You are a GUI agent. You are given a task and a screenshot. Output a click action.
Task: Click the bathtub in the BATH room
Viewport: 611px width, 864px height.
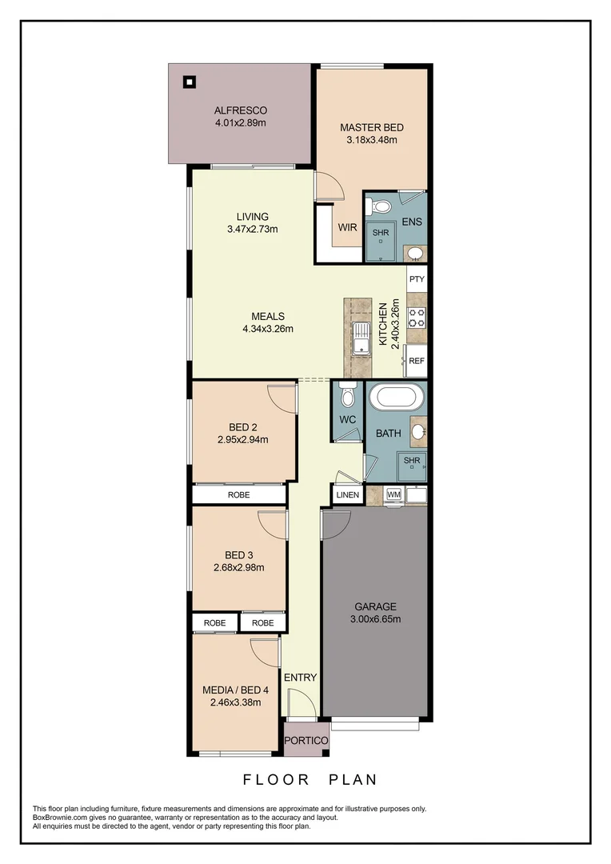396,398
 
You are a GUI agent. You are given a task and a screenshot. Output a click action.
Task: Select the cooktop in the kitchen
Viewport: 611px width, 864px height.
417,318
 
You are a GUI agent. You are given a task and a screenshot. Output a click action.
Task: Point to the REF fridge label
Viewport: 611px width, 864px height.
417,361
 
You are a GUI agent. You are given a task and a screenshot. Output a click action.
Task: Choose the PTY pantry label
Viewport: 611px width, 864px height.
417,279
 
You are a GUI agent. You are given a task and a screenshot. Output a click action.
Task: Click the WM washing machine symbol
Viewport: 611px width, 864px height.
393,494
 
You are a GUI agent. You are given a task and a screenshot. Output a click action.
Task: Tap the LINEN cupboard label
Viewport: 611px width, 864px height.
348,495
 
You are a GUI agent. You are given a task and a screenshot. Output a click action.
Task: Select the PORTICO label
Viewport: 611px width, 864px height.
306,741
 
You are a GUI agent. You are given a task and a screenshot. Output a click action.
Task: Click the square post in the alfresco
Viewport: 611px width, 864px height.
189,81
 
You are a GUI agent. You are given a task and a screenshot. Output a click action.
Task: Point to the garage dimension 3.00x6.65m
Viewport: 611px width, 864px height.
376,618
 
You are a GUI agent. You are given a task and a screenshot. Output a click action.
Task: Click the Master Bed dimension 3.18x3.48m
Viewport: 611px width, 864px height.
372,140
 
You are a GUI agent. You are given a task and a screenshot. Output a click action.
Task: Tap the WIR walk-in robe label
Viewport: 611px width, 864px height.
347,227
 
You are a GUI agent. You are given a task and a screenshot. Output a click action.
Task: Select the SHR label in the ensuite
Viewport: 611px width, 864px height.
380,234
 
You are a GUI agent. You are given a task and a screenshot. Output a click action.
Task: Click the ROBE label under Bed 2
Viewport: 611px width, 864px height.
238,495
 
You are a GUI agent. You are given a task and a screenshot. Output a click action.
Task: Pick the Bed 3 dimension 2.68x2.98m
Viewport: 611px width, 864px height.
238,567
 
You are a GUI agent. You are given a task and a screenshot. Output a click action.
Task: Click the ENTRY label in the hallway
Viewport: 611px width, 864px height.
300,678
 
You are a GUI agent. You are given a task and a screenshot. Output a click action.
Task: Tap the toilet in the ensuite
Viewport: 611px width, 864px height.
382,206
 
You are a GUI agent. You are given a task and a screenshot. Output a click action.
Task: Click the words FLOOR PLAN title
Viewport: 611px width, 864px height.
310,779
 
